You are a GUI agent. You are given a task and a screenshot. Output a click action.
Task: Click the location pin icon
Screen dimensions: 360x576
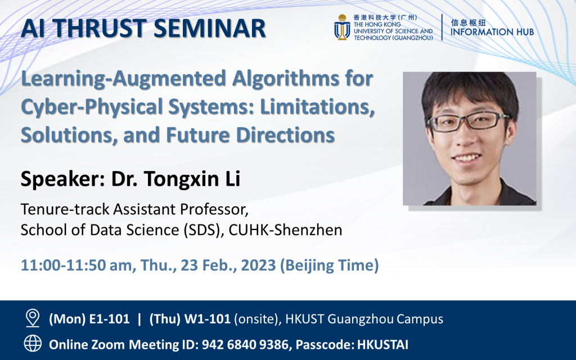coord(33,319)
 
